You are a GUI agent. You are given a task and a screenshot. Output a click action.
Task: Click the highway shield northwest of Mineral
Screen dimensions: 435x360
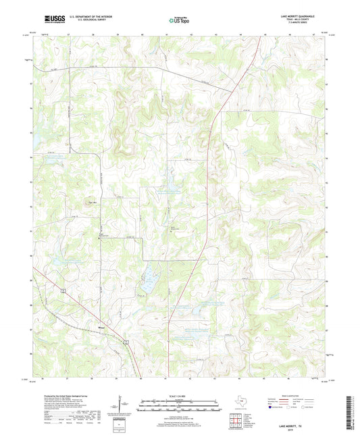click(x=60, y=291)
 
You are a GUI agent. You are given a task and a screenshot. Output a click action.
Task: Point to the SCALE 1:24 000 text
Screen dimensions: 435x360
click(x=180, y=394)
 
